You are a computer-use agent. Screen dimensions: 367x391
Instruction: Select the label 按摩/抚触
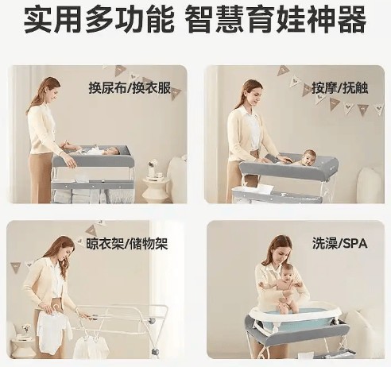coord(332,87)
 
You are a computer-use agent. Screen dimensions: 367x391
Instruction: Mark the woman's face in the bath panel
coord(277,253)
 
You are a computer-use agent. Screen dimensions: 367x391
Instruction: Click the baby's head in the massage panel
coord(308,156)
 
